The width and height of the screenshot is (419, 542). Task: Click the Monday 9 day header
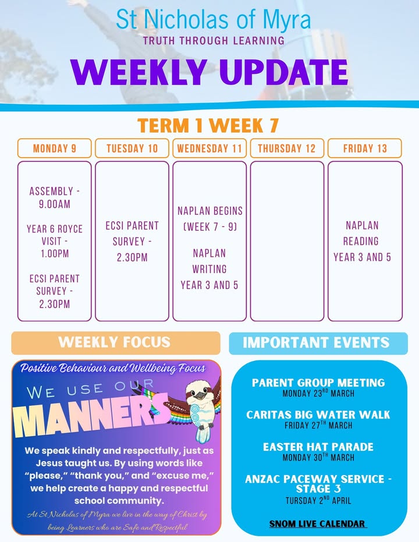coord(55,148)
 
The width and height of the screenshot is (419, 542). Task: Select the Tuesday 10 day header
coord(132,148)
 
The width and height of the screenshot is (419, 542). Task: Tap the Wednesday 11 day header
coord(210,148)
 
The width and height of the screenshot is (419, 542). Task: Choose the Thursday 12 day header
coord(287,148)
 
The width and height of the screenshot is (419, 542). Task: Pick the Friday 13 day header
coord(365,148)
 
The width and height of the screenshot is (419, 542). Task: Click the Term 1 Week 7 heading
coord(208,125)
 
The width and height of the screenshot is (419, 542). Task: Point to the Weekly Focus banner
coord(116,342)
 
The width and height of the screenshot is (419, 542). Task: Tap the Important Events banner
coord(318,343)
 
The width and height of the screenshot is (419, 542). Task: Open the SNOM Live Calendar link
coord(317,524)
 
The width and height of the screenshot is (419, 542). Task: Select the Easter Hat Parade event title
coord(318,447)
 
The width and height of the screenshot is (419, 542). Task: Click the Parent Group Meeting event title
coord(318,382)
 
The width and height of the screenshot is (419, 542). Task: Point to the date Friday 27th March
coord(318,425)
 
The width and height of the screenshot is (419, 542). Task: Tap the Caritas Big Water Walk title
coord(318,415)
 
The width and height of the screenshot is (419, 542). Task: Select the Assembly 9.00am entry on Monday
coord(55,197)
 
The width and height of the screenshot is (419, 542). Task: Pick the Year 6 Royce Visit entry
coord(55,241)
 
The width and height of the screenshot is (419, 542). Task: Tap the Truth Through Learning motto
coord(214,40)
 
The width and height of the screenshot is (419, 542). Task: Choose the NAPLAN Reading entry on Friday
coord(362,241)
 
